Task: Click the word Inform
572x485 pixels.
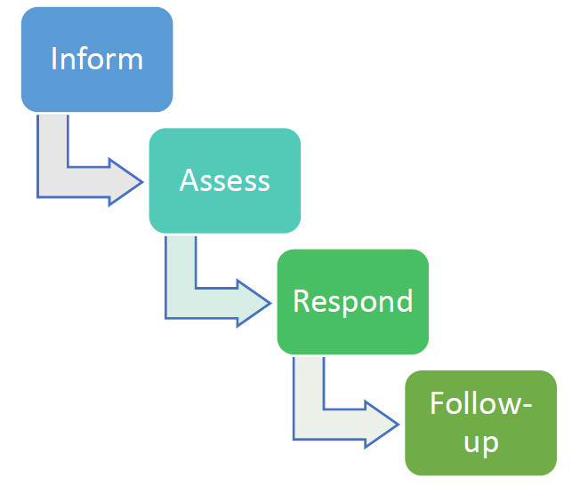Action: coord(97,60)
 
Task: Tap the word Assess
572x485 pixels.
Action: coord(224,180)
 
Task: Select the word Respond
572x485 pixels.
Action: coord(352,301)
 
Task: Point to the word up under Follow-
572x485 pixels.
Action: coord(480,442)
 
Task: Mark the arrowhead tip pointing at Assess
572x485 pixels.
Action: coord(141,181)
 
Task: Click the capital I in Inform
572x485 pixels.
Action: coord(54,60)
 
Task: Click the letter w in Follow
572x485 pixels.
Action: coord(505,405)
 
